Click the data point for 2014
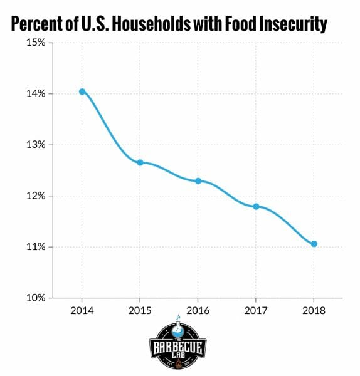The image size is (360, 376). (x=82, y=91)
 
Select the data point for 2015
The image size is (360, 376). (x=140, y=162)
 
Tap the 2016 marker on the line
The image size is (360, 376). (x=198, y=180)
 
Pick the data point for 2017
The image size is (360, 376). (x=256, y=206)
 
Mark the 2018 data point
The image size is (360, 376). (x=314, y=244)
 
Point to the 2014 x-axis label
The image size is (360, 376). (x=82, y=310)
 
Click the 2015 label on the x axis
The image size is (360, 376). (x=140, y=310)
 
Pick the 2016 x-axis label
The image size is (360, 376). (x=198, y=310)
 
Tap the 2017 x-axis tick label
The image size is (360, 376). (x=256, y=310)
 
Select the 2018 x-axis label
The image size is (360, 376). (x=314, y=310)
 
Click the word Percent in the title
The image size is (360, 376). (x=38, y=24)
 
